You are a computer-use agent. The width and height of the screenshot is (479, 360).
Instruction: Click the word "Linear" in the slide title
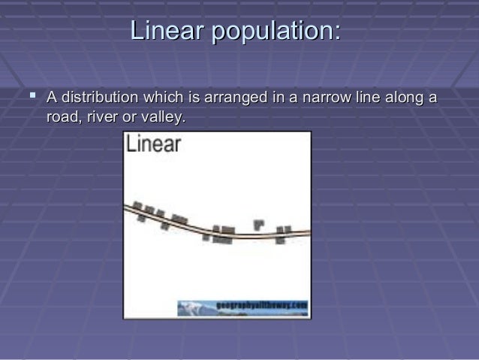[x=167, y=32]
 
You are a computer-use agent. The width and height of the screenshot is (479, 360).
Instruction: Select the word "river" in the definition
[x=105, y=117]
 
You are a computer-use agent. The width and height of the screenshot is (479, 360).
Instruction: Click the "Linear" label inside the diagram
[x=154, y=144]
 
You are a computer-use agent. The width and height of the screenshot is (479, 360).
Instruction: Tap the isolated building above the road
[x=259, y=223]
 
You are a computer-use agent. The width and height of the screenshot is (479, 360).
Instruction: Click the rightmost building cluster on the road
[x=282, y=234]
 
